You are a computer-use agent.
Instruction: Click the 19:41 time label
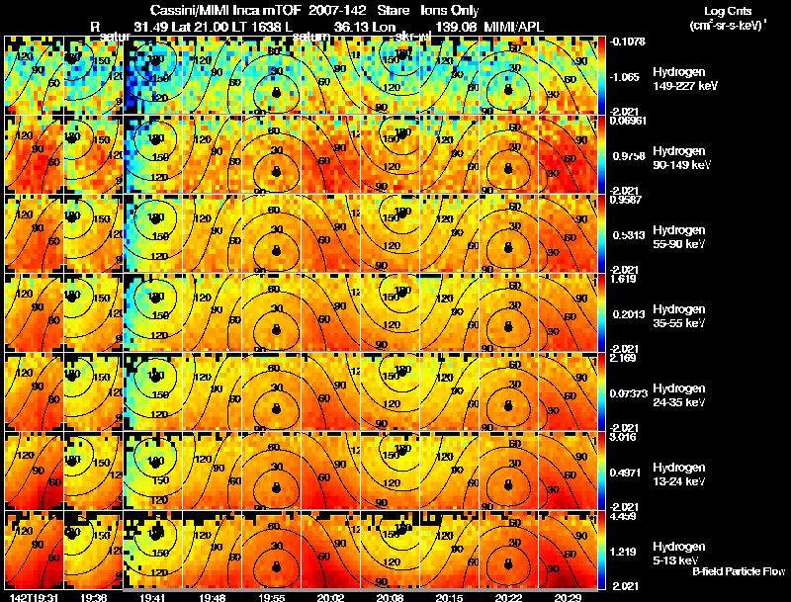pyautogui.click(x=152, y=597)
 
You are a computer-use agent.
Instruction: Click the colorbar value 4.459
pyautogui.click(x=624, y=515)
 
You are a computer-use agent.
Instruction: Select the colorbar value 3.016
pyautogui.click(x=624, y=436)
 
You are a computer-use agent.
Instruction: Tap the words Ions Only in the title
pyautogui.click(x=451, y=10)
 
